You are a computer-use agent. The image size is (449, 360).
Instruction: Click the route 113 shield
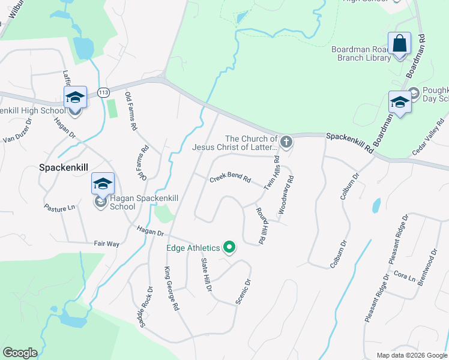[x=103, y=92]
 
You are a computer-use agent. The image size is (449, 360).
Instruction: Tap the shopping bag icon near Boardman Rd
[x=399, y=44]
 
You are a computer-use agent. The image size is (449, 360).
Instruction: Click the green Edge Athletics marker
[x=229, y=247]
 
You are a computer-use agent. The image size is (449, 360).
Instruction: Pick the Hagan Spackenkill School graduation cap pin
[x=103, y=184]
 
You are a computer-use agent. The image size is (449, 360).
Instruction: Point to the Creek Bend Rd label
[x=229, y=180]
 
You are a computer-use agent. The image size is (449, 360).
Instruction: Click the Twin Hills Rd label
[x=272, y=174]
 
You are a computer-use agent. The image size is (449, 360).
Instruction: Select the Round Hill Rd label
[x=261, y=226]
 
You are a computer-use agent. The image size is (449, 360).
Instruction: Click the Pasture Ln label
[x=59, y=208]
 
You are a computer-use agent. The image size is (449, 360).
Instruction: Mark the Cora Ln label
[x=405, y=277]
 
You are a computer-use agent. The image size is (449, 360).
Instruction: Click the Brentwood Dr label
[x=427, y=268]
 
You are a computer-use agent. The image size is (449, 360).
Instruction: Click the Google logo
[x=20, y=353]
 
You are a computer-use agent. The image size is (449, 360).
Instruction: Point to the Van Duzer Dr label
[x=17, y=131]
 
